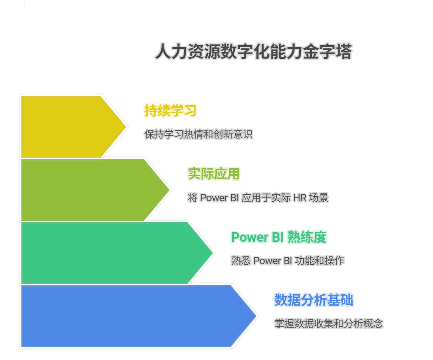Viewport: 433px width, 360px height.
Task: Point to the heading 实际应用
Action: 213,174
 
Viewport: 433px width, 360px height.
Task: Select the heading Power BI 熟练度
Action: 279,237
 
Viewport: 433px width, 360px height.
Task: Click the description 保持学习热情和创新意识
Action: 198,134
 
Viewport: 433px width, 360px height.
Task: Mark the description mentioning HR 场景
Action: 258,198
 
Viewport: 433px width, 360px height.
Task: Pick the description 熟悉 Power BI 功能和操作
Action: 287,261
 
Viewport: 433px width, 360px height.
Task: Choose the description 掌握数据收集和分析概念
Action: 328,324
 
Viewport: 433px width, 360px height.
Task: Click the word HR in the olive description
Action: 302,198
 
